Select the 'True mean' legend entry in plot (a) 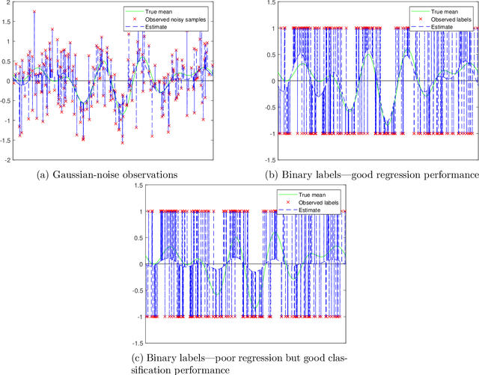[158, 10]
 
